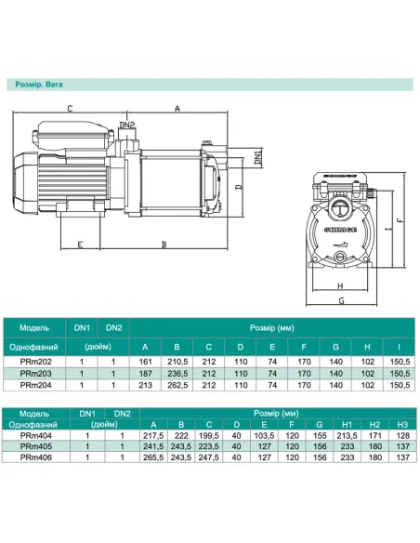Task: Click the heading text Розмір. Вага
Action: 39,85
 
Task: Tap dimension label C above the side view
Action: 70,109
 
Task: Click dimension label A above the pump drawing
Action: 177,109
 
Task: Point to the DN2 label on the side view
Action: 127,125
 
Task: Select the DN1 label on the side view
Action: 258,156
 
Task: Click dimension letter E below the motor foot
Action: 80,245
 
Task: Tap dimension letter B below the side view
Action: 164,245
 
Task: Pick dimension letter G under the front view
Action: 341,300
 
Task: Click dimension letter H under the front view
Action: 340,285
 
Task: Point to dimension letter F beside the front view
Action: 400,220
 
